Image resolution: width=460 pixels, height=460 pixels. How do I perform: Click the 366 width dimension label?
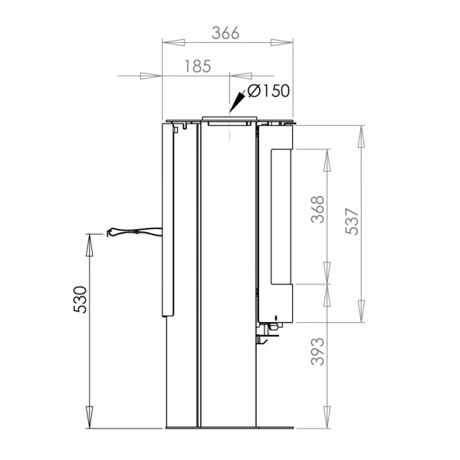tap(225, 33)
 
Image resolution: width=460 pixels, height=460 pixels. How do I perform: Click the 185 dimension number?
tap(198, 66)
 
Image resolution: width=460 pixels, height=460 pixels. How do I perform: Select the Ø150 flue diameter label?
tap(268, 90)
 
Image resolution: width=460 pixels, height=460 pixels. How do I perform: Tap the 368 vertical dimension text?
tap(317, 209)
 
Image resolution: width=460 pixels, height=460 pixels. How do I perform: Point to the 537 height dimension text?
tap(352, 222)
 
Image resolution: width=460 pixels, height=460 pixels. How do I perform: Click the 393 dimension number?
tap(317, 351)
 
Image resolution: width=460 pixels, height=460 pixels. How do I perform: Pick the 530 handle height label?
tap(80, 300)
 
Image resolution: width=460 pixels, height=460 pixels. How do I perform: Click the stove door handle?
tap(134, 232)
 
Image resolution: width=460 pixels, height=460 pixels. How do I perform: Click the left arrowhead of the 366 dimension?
tap(173, 42)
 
